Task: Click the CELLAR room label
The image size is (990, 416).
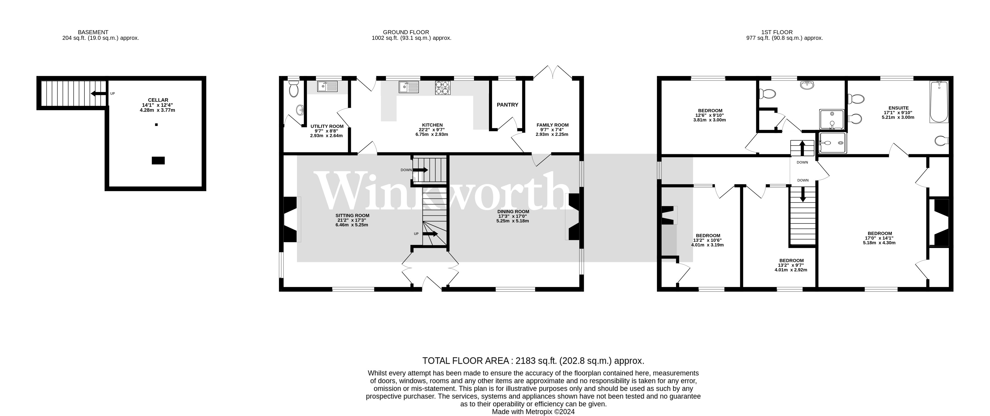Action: click(158, 100)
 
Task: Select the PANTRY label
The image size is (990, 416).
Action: click(507, 104)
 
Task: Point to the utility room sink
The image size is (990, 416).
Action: click(327, 86)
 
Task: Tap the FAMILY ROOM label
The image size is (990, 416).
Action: click(552, 125)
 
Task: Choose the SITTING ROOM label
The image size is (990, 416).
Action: click(352, 216)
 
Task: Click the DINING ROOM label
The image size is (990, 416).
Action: click(513, 212)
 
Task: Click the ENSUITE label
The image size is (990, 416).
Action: click(898, 108)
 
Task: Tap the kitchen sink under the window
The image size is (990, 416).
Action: click(408, 87)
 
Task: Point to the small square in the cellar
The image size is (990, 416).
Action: click(156, 125)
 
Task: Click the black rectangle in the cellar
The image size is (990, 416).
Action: click(158, 161)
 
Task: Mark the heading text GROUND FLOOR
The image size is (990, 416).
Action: click(406, 32)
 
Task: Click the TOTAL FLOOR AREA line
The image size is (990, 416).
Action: click(533, 361)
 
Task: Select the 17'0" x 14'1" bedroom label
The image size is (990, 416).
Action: click(880, 233)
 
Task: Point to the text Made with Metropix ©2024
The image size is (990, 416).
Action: click(533, 412)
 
